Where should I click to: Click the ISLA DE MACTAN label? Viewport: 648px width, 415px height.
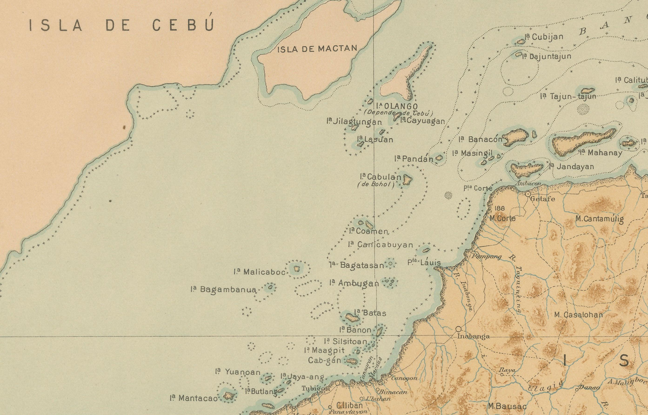[317, 49]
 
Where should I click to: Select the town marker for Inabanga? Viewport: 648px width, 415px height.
[458, 329]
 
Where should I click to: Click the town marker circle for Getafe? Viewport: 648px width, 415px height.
[528, 194]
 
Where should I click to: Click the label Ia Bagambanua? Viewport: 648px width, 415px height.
[223, 290]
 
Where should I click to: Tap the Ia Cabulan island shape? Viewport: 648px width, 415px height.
[407, 179]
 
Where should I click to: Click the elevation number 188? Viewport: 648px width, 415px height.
[500, 208]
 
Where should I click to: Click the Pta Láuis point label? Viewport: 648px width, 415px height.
[424, 263]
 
